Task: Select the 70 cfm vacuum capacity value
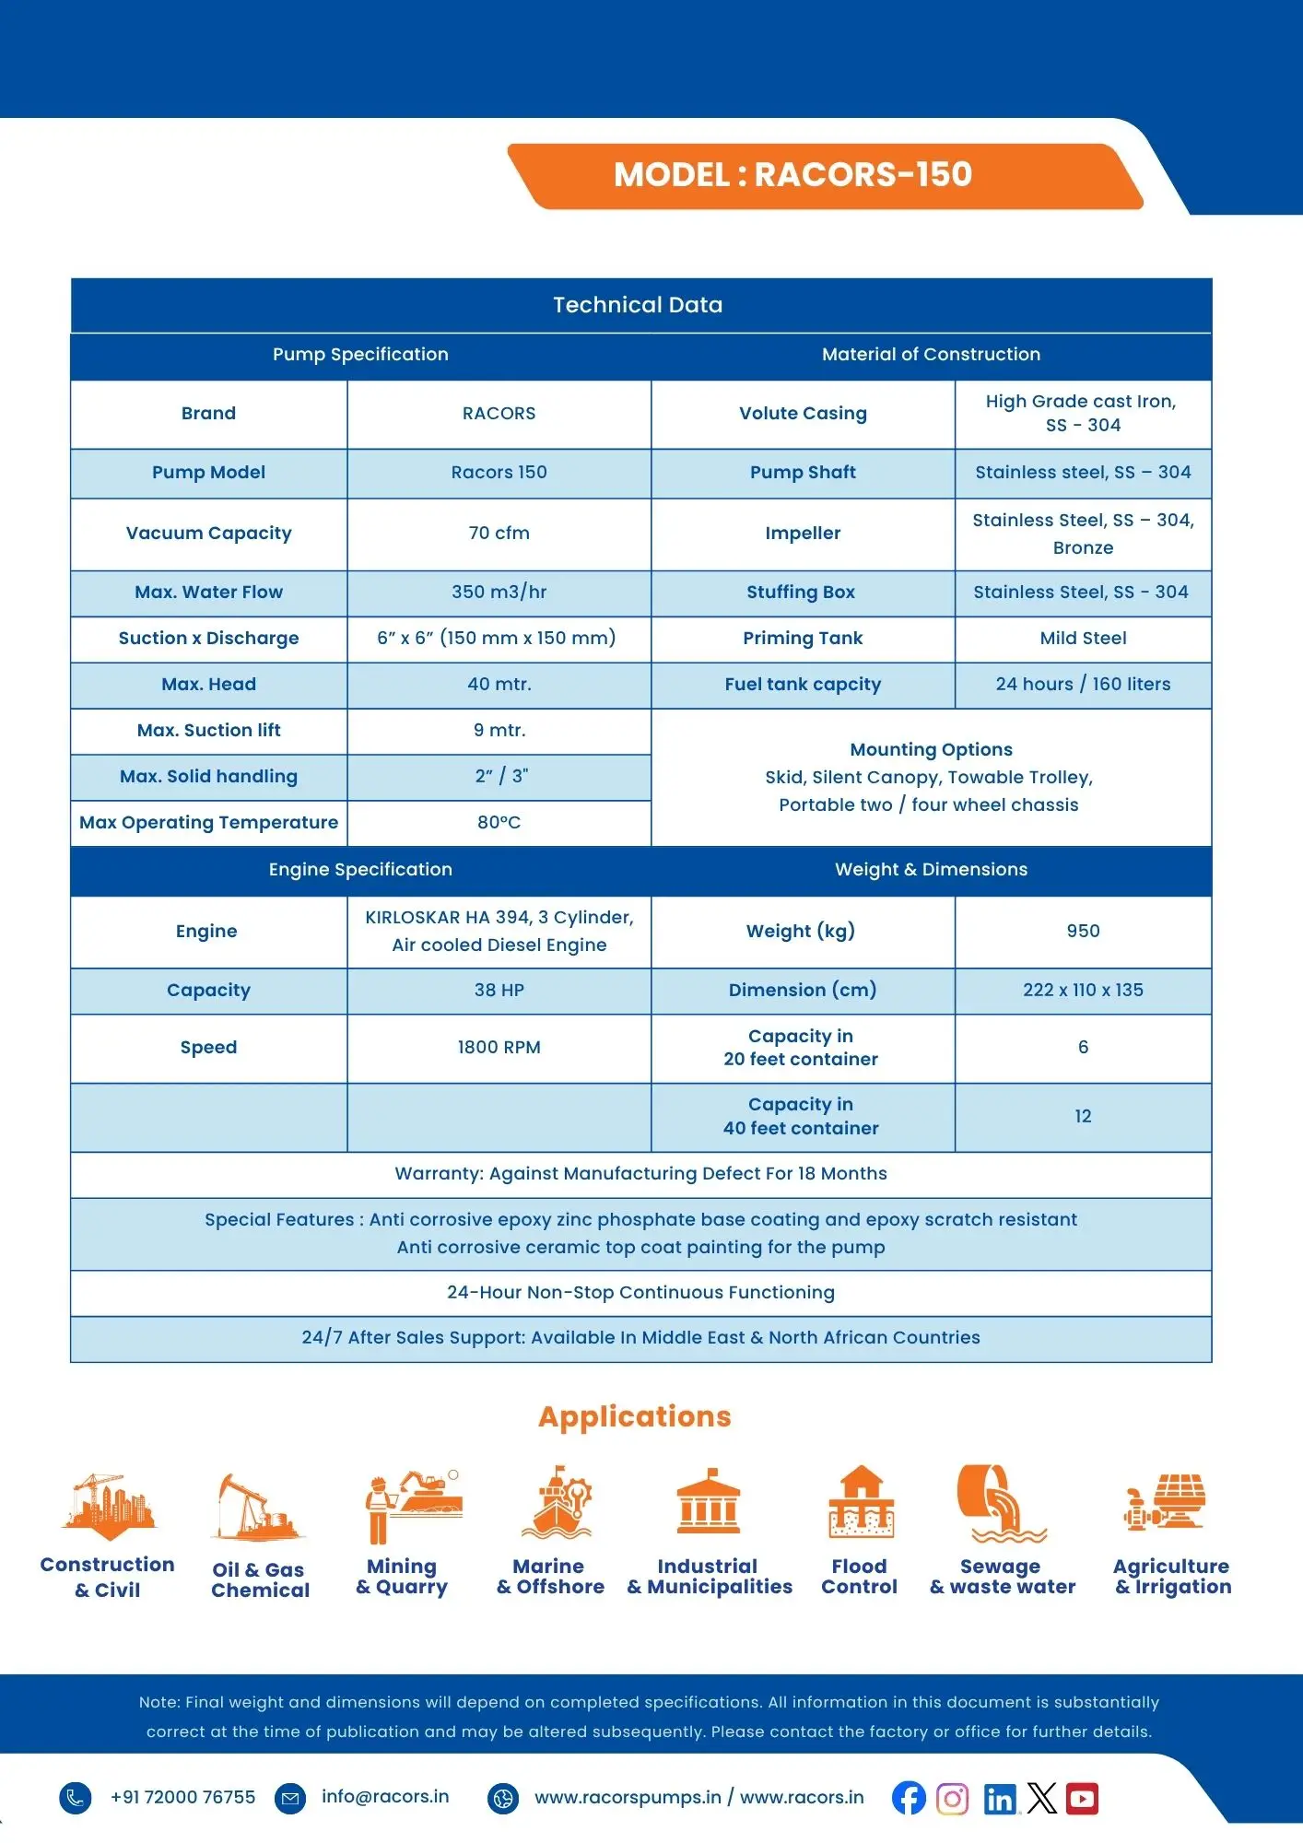[x=499, y=534]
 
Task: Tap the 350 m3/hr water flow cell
[x=499, y=593]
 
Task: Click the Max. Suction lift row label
[x=208, y=731]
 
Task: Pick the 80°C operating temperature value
[x=499, y=823]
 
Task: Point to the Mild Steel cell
[x=1083, y=639]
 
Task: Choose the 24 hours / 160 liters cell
[x=1083, y=685]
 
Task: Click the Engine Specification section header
[x=360, y=870]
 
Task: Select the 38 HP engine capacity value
[x=499, y=991]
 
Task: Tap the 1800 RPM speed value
[x=499, y=1048]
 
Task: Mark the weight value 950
[x=1083, y=932]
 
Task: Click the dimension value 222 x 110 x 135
[x=1083, y=991]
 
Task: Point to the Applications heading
[x=635, y=1416]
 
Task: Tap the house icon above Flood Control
[x=861, y=1502]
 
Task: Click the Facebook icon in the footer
[x=909, y=1798]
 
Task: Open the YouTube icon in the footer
[x=1082, y=1798]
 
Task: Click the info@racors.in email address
[x=385, y=1797]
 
